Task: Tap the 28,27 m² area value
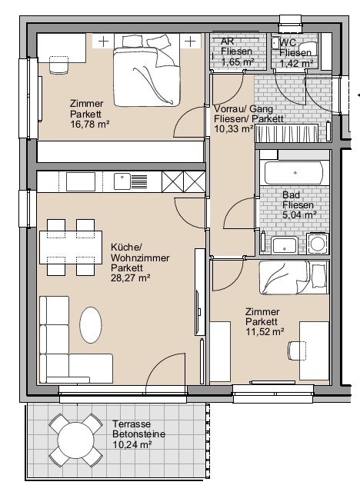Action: [130, 278]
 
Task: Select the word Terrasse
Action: [132, 424]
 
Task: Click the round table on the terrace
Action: [76, 440]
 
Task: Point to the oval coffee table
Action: [91, 325]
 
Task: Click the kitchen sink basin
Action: [122, 181]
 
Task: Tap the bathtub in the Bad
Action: [294, 173]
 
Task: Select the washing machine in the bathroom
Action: [318, 244]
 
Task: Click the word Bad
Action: [291, 194]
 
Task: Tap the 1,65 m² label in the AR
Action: [238, 61]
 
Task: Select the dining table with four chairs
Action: [71, 247]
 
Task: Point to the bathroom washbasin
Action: [285, 246]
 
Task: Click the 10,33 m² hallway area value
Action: [234, 129]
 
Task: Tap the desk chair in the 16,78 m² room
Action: [58, 65]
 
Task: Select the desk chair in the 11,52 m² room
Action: [297, 350]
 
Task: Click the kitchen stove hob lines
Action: [139, 181]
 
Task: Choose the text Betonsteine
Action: [138, 434]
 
